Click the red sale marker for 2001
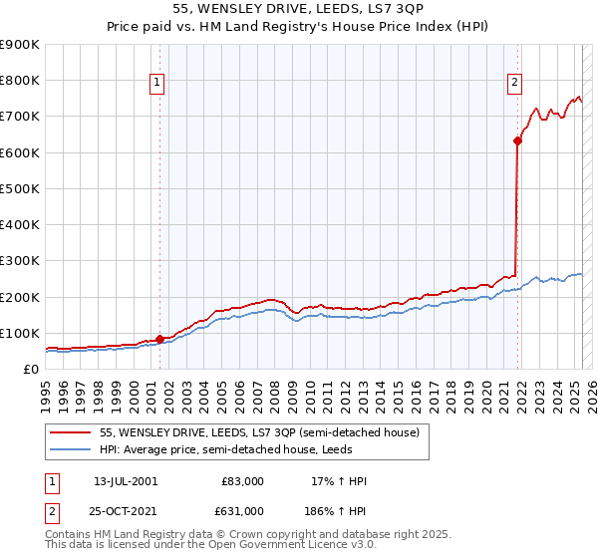tap(160, 339)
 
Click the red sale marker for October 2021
tap(517, 141)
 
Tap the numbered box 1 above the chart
tap(157, 84)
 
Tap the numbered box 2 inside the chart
tap(514, 84)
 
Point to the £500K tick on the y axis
tap(22, 188)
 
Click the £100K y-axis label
tap(22, 333)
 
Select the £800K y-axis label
tap(22, 81)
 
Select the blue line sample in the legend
tap(71, 450)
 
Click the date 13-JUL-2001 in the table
tap(126, 481)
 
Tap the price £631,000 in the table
tap(242, 511)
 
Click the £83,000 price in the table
tap(242, 481)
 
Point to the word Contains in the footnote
tap(69, 534)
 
